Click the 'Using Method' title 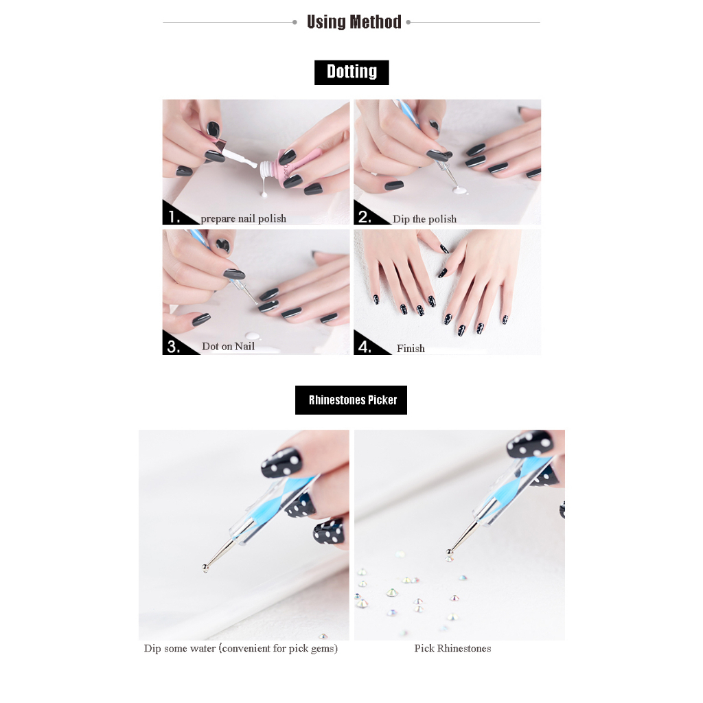pyautogui.click(x=354, y=22)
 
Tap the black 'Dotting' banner pyautogui.click(x=351, y=72)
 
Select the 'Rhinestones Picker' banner pyautogui.click(x=351, y=400)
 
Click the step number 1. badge pyautogui.click(x=175, y=216)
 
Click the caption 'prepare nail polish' pyautogui.click(x=244, y=219)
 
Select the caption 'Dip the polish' pyautogui.click(x=424, y=219)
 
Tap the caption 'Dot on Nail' pyautogui.click(x=228, y=346)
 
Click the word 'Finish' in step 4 pyautogui.click(x=411, y=348)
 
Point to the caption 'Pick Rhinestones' pyautogui.click(x=452, y=648)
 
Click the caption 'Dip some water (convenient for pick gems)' pyautogui.click(x=241, y=648)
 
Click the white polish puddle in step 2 pyautogui.click(x=461, y=191)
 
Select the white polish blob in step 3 pyautogui.click(x=252, y=336)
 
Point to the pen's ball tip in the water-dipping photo pyautogui.click(x=205, y=568)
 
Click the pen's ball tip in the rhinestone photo pyautogui.click(x=449, y=553)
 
